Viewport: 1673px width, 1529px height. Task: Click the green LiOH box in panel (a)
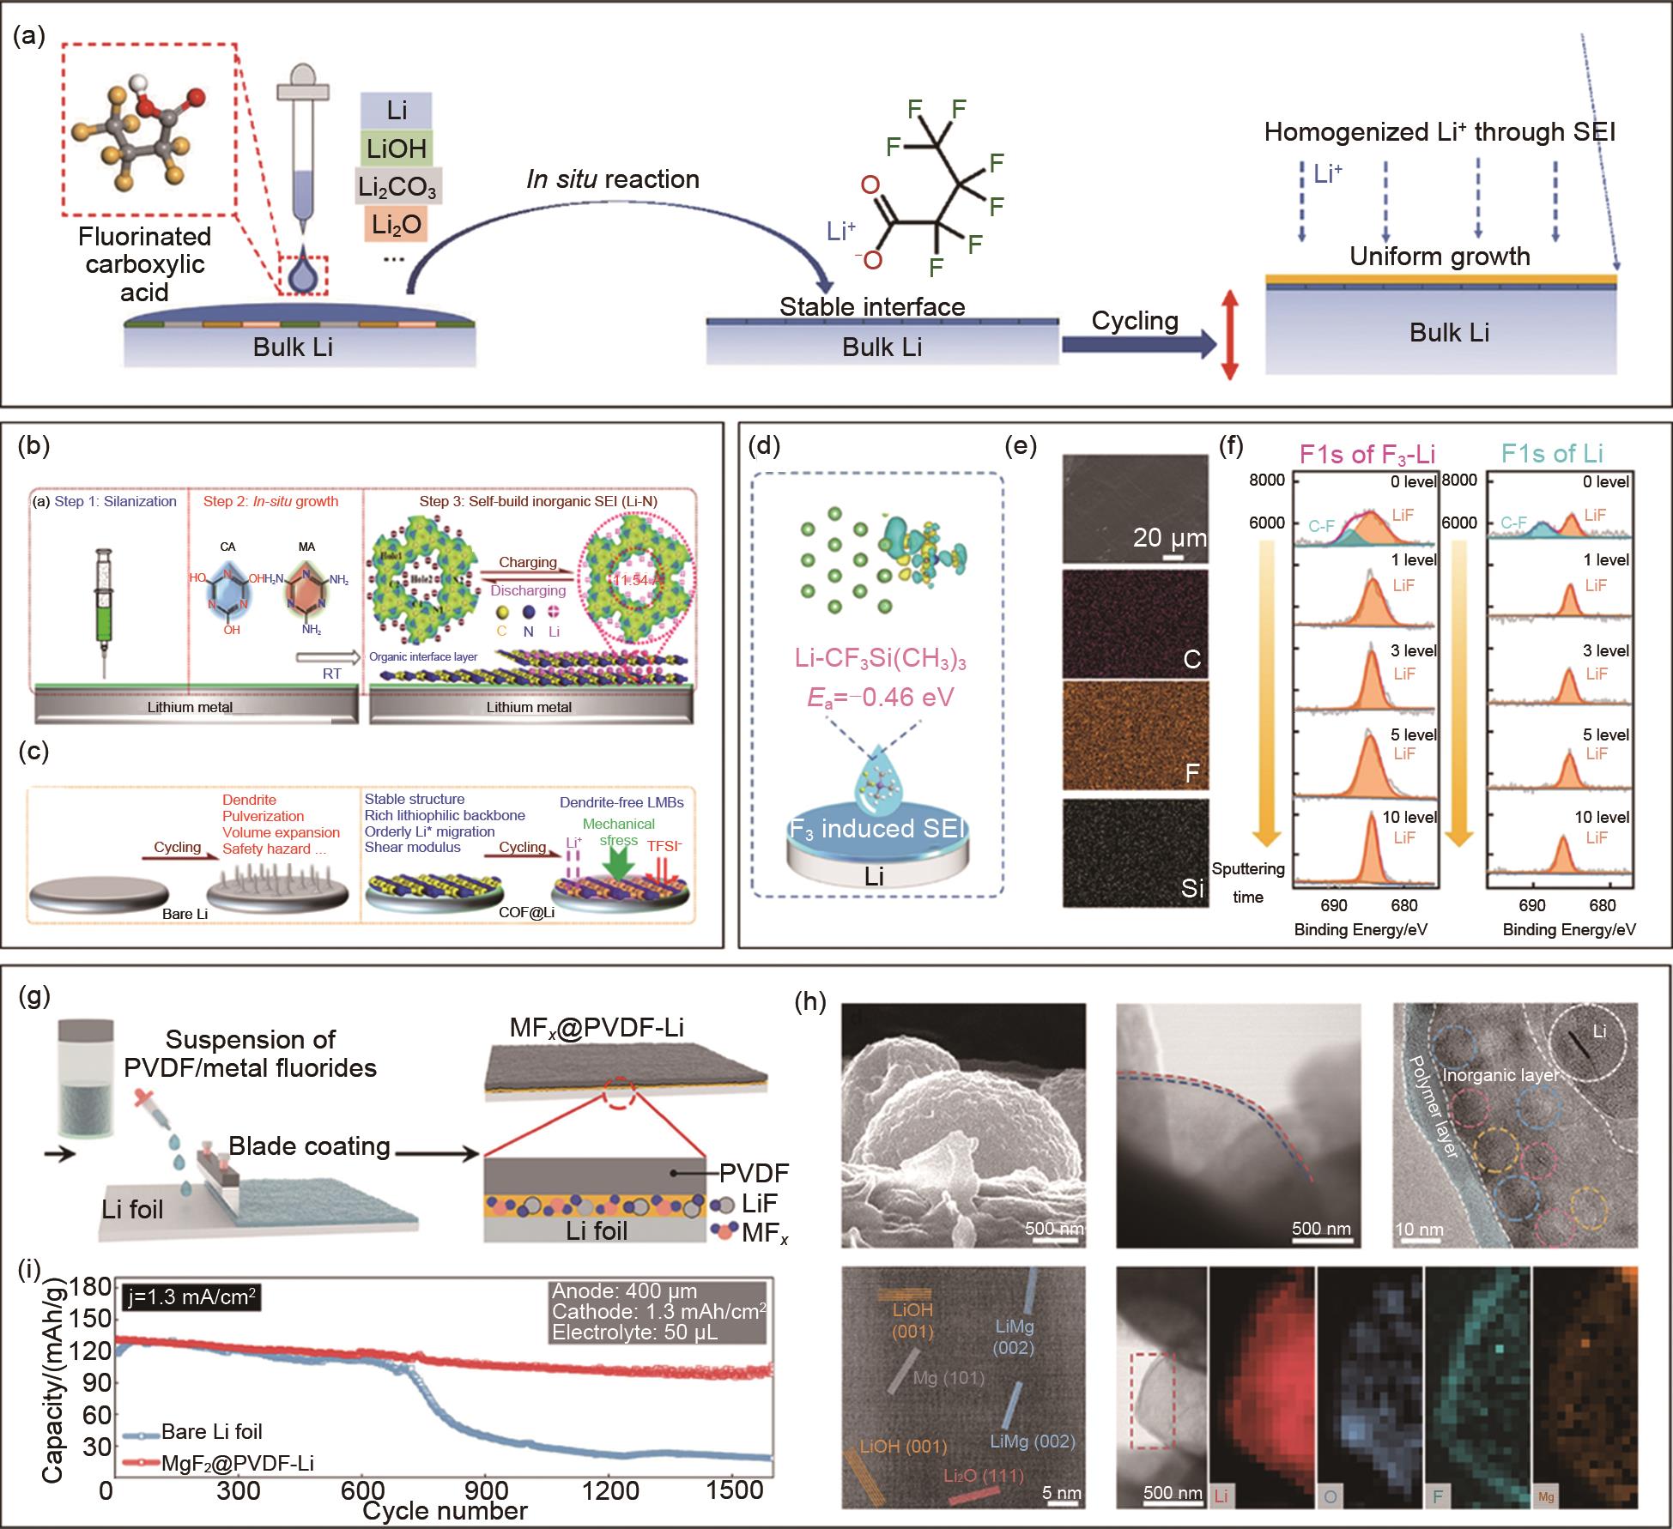[397, 148]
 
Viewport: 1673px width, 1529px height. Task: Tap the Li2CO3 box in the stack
[397, 186]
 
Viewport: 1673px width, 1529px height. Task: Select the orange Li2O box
[396, 223]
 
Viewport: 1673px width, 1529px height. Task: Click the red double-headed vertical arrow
[1229, 335]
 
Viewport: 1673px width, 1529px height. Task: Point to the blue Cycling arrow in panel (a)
[1138, 344]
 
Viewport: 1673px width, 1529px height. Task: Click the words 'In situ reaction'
[613, 178]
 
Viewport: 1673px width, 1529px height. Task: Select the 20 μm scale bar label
[1170, 538]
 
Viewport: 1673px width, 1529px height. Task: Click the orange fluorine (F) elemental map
[1135, 734]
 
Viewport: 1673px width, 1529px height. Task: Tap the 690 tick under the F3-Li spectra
[1334, 905]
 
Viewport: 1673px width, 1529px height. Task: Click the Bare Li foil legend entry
[211, 1431]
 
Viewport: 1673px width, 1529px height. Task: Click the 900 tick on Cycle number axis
[489, 1490]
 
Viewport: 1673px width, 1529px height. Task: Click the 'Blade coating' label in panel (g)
[309, 1145]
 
